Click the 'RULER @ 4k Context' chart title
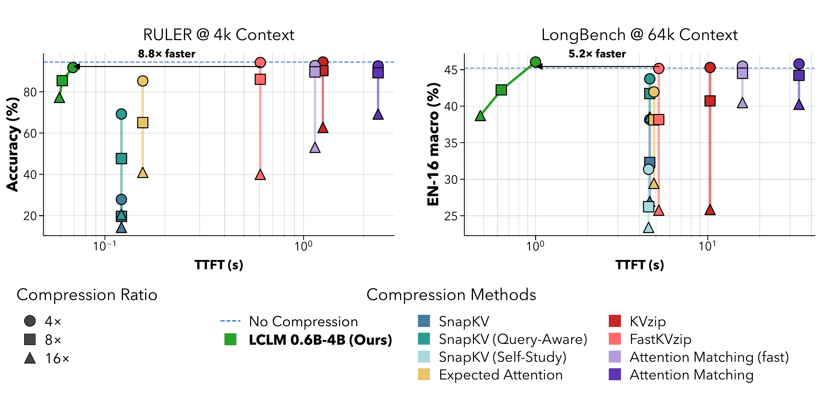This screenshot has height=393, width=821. click(x=219, y=35)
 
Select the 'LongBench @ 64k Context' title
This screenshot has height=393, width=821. click(x=639, y=35)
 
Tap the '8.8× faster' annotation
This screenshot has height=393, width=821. click(x=166, y=54)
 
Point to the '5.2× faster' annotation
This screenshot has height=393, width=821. click(x=597, y=54)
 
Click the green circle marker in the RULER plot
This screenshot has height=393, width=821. click(x=73, y=67)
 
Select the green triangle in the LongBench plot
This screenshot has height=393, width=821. click(x=480, y=116)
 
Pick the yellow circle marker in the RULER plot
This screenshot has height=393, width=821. click(x=142, y=81)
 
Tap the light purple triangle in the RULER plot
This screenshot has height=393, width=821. click(x=315, y=147)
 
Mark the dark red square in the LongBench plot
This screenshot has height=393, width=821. click(x=710, y=101)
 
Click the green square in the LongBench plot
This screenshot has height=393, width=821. click(x=501, y=90)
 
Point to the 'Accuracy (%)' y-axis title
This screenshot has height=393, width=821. click(x=13, y=144)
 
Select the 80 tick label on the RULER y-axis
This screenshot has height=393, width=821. click(x=30, y=92)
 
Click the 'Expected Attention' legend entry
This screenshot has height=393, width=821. click(x=490, y=375)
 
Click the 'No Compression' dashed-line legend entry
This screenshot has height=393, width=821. click(x=289, y=321)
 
